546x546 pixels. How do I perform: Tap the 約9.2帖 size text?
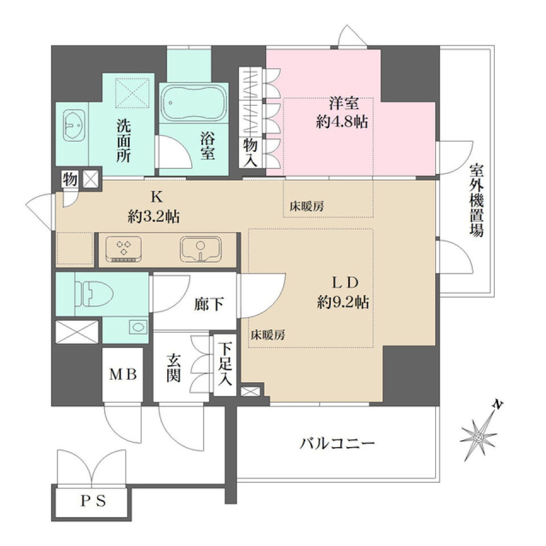click(344, 303)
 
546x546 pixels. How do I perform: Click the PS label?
click(92, 502)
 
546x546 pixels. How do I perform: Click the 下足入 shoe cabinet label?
click(226, 364)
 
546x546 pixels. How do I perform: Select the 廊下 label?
click(208, 305)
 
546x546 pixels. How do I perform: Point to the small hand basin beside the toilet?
click(136, 327)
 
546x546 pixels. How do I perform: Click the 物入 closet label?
click(251, 152)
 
